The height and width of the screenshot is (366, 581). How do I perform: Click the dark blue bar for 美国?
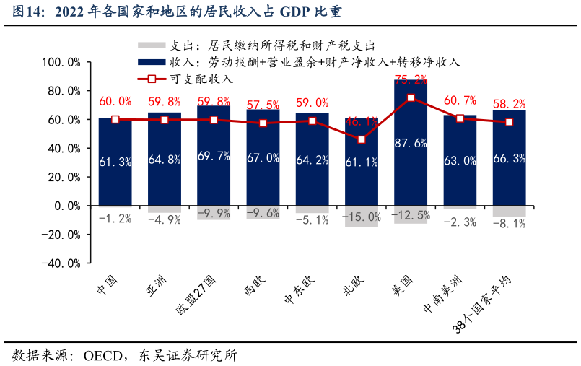click(411, 173)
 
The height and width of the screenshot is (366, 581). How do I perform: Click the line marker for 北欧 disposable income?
click(362, 139)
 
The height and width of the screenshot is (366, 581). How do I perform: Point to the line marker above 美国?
click(411, 97)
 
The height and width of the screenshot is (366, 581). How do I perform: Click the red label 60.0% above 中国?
click(115, 102)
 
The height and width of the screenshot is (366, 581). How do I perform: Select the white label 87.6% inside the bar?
click(411, 143)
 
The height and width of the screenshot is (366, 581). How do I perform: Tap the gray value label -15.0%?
click(362, 217)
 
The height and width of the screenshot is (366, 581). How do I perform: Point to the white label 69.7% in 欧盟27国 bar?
click(214, 156)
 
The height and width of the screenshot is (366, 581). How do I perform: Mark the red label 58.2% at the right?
click(509, 105)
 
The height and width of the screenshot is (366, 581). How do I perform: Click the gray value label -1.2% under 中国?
click(115, 217)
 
